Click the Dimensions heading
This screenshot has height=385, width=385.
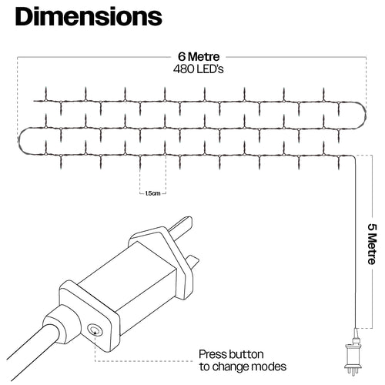(89, 17)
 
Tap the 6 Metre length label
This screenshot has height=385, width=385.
(199, 57)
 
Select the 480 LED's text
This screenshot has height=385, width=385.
(199, 69)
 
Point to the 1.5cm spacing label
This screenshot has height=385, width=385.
(152, 193)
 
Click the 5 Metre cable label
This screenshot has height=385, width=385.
(373, 244)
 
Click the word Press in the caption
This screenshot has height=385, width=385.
(213, 354)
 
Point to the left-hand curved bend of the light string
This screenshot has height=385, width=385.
(20, 141)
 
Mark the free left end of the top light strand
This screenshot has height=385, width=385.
(34, 101)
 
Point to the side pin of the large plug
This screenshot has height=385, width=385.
(193, 261)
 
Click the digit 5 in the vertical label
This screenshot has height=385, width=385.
(373, 227)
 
